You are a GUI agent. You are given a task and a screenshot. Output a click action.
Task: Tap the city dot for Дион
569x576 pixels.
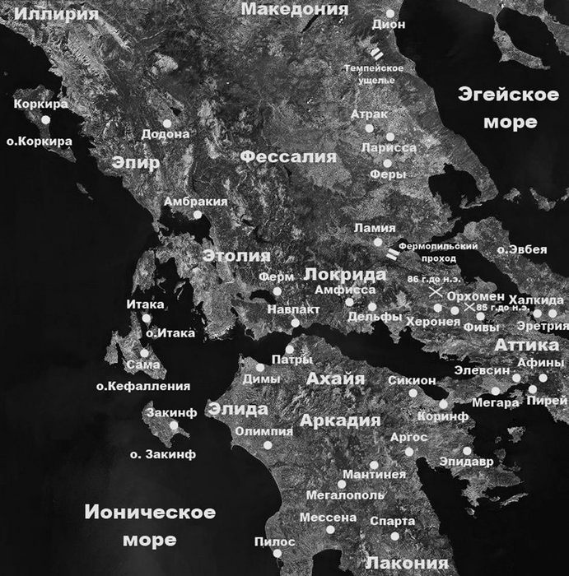389,14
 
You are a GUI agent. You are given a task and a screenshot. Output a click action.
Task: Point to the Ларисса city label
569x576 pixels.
389,147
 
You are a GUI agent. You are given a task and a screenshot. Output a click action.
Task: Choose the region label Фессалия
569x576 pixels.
288,156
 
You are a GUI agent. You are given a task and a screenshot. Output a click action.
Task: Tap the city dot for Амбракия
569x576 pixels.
198,215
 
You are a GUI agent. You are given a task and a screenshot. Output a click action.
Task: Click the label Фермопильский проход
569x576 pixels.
438,252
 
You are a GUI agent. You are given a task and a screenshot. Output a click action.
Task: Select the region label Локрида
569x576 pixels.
346,274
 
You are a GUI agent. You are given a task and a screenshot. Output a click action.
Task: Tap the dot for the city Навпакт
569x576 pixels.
296,323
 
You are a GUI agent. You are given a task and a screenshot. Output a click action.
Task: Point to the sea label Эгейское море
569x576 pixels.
497,107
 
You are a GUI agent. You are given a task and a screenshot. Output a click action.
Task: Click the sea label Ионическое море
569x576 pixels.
150,526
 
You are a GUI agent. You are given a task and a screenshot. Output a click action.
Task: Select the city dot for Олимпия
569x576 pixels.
268,445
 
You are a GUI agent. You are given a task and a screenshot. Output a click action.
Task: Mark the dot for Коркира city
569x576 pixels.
46,120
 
